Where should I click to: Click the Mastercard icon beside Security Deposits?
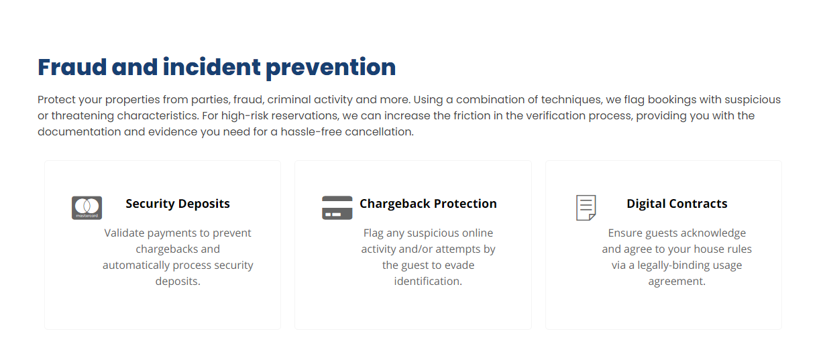[87, 208]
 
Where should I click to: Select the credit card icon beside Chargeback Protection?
[337, 208]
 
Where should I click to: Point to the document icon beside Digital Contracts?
[586, 208]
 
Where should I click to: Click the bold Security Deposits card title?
[178, 204]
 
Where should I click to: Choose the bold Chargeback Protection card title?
[428, 204]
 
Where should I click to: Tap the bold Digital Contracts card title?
[677, 204]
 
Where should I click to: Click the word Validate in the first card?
[124, 233]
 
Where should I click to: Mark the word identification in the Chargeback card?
[428, 282]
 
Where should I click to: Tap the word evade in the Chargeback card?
[459, 265]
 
